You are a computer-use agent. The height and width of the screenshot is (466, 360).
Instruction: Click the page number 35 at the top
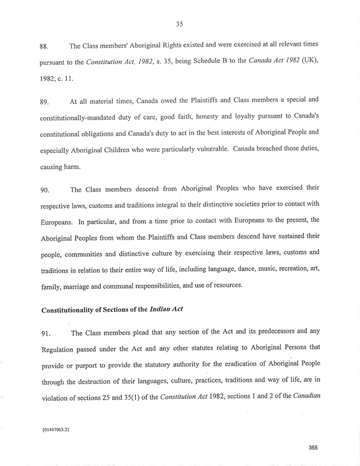pyautogui.click(x=180, y=24)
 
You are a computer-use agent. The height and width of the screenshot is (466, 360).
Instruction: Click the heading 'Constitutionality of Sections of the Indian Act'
pyautogui.click(x=112, y=309)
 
